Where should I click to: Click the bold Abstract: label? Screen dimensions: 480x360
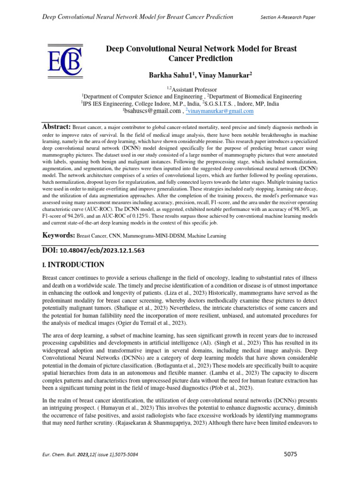pos(56,127)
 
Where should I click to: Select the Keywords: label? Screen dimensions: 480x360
pos(60,236)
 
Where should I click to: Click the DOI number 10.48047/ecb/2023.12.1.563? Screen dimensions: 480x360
pos(99,250)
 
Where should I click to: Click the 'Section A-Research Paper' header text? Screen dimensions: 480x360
pos(288,17)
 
